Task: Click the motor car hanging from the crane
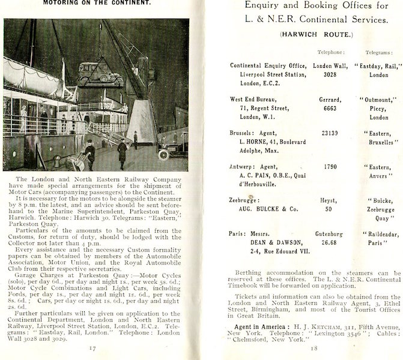99,72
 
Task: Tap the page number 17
91,347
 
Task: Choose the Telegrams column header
379,52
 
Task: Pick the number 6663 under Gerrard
328,108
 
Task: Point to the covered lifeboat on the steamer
33,76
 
